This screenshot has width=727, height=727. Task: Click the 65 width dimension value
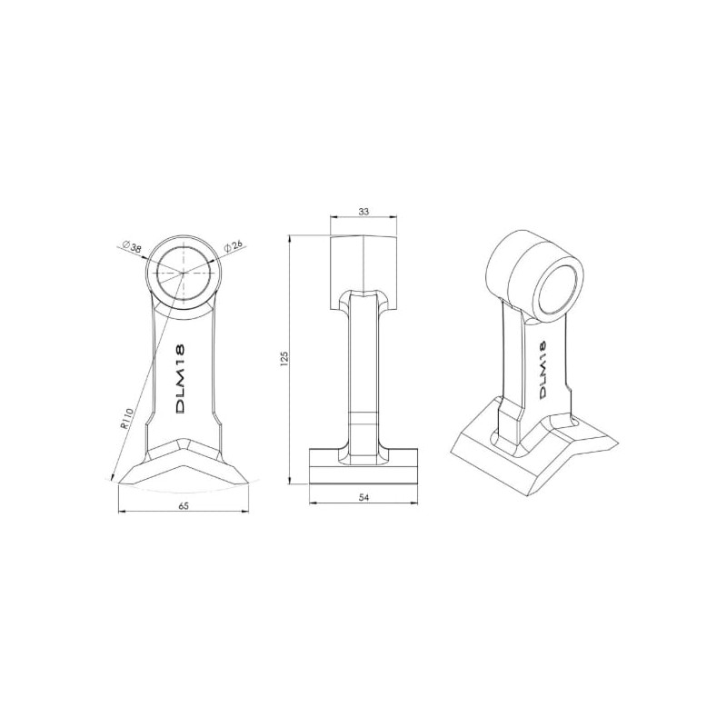coord(184,506)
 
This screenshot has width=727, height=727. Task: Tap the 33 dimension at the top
coord(364,212)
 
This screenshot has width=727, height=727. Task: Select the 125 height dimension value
coord(284,358)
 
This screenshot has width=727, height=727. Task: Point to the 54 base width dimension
coord(364,497)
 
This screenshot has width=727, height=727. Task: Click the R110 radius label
coord(125,419)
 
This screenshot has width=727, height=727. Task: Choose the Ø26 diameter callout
coord(234,246)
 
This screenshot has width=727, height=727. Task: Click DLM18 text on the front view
coord(181,378)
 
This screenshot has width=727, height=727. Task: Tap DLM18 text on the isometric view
coord(542,369)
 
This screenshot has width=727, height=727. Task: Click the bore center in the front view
coord(184,274)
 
